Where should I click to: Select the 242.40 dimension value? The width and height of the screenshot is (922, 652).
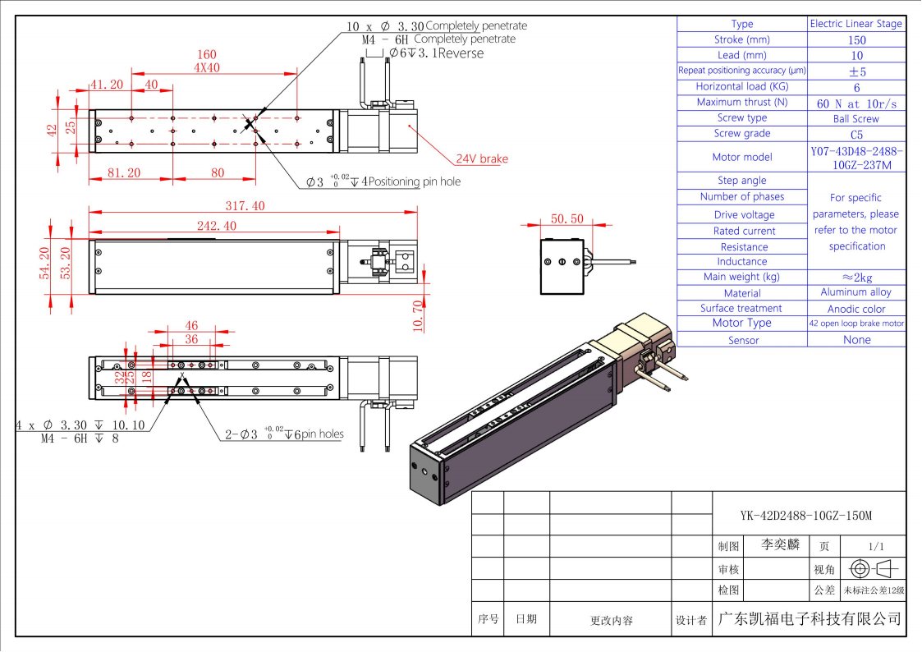click(218, 226)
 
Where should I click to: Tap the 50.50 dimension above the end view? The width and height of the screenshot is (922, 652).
click(567, 219)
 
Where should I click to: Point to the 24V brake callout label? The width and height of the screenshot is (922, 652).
click(482, 158)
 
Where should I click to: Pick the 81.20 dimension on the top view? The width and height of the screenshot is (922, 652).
click(124, 172)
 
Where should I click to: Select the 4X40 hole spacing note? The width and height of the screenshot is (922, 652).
click(207, 69)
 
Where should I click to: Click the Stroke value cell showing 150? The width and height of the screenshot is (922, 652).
click(856, 39)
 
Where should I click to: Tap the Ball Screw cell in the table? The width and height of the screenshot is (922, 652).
click(856, 118)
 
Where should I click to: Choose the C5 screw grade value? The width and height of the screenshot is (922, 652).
click(856, 134)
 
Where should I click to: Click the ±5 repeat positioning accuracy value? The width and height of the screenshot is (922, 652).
click(856, 71)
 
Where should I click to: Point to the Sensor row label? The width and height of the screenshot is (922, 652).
click(742, 340)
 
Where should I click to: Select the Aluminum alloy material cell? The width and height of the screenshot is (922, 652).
click(856, 292)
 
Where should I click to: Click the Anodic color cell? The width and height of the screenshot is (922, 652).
click(856, 309)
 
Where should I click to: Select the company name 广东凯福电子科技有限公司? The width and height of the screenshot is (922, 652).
click(809, 618)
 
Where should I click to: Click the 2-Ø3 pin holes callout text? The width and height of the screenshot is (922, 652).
click(284, 434)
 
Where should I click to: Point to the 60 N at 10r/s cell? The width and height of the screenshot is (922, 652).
click(856, 103)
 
